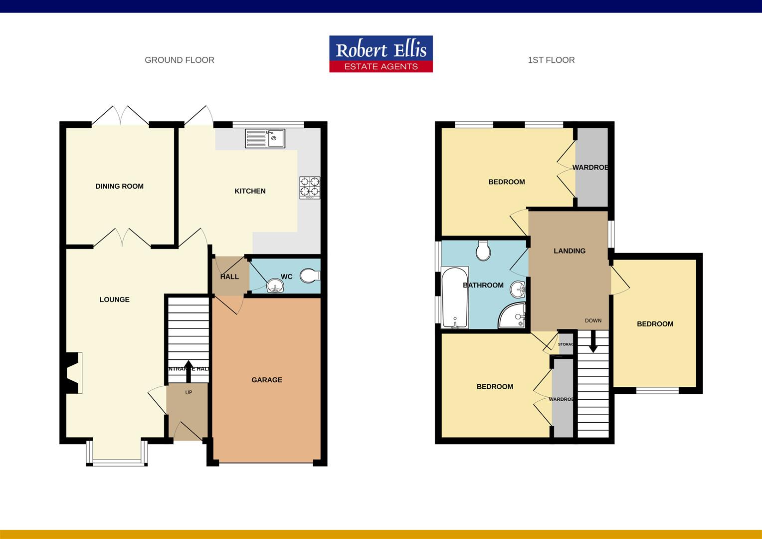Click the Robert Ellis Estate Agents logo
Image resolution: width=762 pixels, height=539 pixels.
click(381, 54)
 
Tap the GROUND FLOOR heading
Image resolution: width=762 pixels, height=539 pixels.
click(180, 60)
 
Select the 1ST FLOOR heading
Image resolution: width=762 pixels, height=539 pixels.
click(551, 60)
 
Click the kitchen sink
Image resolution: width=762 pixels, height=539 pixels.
click(265, 138)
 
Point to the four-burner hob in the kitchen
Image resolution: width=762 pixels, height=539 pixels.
click(310, 188)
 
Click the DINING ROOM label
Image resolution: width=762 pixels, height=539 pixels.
click(120, 186)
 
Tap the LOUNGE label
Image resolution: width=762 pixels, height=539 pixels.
click(115, 299)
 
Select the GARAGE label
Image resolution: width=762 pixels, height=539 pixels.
click(267, 380)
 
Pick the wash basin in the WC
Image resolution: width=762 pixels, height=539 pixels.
click(275, 286)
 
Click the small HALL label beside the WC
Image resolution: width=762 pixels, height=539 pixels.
click(229, 276)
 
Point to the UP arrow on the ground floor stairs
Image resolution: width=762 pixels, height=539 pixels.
click(189, 367)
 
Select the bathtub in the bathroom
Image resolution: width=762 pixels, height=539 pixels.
click(454, 298)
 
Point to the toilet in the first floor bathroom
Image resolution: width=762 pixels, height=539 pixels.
click(483, 251)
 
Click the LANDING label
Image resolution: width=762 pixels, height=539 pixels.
click(570, 251)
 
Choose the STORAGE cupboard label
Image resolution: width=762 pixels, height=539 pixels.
click(566, 344)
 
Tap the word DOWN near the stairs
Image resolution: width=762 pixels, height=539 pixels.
click(593, 320)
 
